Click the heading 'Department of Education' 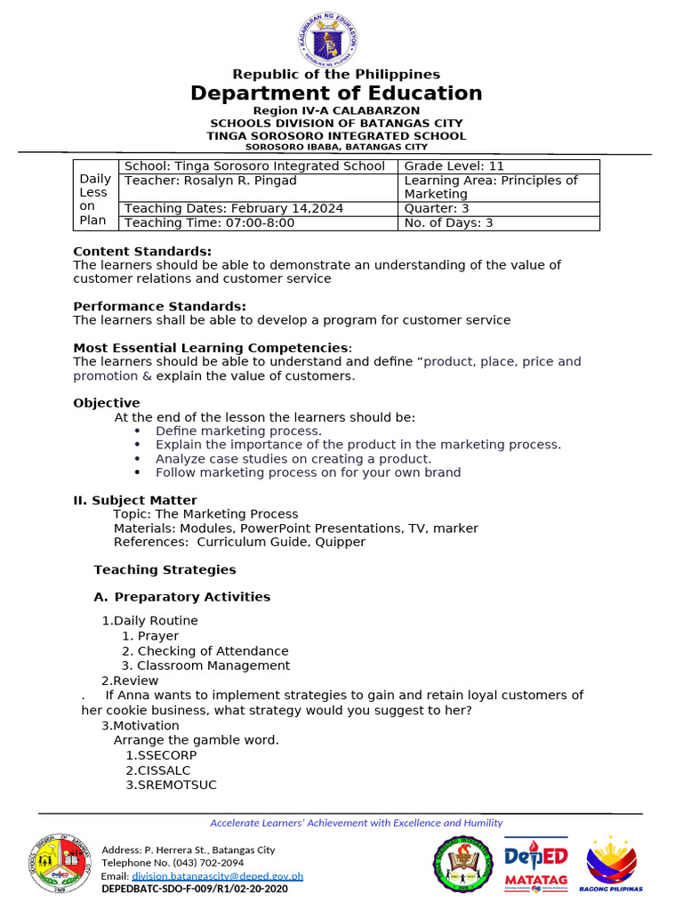336,93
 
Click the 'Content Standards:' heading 142,251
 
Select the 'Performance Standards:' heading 159,306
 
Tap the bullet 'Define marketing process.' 238,431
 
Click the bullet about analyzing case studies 293,459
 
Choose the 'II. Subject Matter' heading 135,500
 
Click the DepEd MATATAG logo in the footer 535,864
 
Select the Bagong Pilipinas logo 611,863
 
